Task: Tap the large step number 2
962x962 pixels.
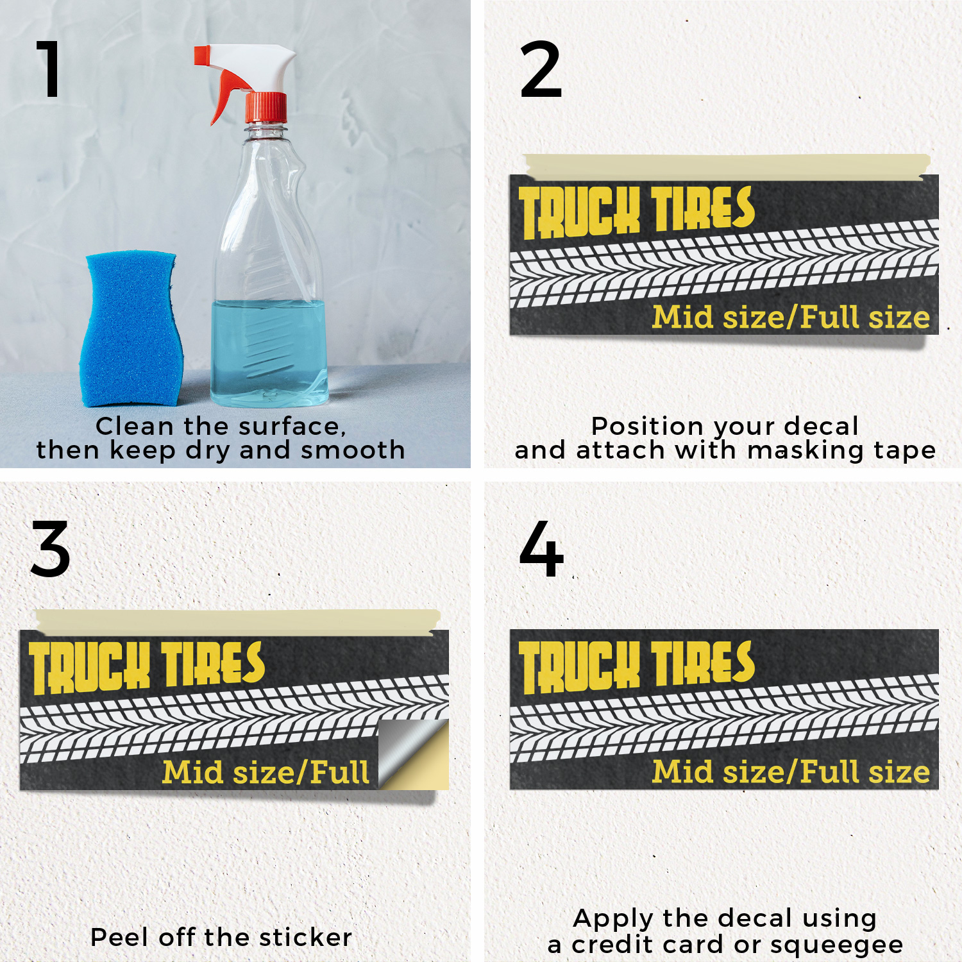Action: [x=541, y=69]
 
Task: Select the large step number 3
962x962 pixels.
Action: [x=50, y=549]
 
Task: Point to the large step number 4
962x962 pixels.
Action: [x=541, y=548]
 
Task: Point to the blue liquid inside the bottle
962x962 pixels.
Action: [x=269, y=353]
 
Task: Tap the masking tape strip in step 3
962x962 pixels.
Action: [x=237, y=621]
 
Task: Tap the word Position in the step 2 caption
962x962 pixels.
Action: [x=647, y=426]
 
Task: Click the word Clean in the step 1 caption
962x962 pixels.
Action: [x=135, y=426]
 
